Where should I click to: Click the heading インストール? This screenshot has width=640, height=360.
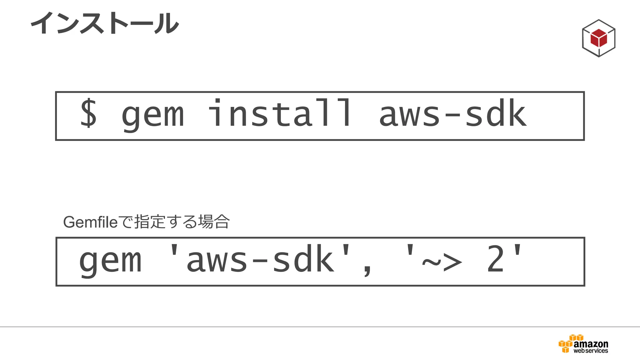coord(105,23)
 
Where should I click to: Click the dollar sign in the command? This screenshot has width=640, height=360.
coord(88,113)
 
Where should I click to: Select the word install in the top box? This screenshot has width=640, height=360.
coord(280,113)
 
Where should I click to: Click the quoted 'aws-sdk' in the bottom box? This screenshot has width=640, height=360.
coord(259,259)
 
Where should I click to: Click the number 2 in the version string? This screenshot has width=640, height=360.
coord(495,259)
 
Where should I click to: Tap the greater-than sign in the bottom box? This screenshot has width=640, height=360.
coord(452,262)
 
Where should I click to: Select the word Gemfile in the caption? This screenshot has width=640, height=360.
coord(90,222)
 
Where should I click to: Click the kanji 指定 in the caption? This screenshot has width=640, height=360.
coord(149,222)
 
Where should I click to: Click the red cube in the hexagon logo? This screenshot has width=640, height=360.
coord(598,38)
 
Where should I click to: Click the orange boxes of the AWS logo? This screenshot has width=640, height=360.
coord(567,345)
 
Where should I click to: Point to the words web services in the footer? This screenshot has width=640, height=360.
coord(591,351)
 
